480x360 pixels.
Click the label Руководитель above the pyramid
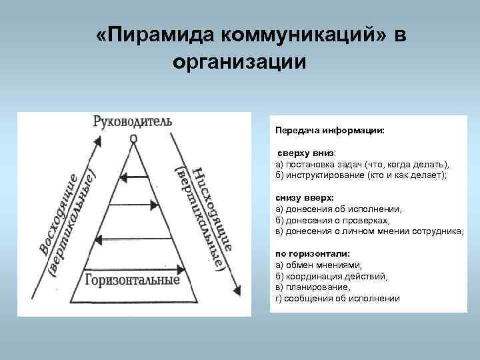[x=133, y=121]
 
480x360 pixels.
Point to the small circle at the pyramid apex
[x=133, y=138]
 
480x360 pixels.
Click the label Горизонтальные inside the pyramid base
[x=131, y=279]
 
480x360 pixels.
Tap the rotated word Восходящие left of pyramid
[x=57, y=213]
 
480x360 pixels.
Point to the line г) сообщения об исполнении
[x=337, y=298]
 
